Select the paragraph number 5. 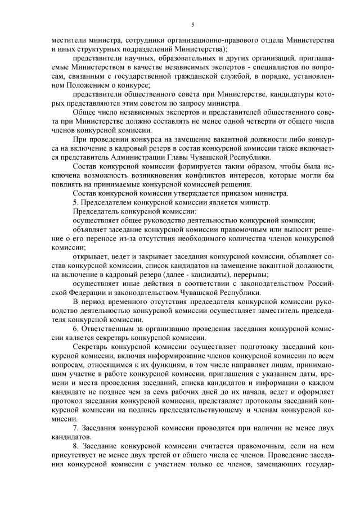click(x=76, y=202)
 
